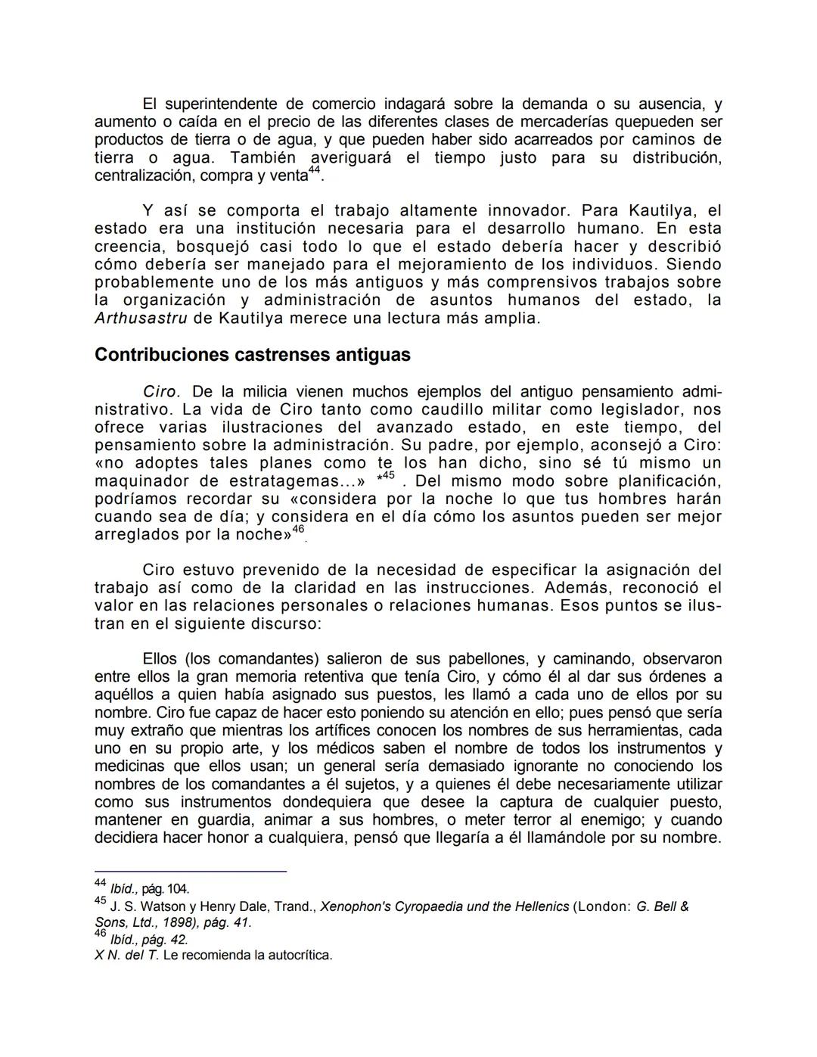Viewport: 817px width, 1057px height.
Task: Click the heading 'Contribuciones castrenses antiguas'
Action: [252, 355]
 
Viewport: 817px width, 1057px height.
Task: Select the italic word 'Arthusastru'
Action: [141, 319]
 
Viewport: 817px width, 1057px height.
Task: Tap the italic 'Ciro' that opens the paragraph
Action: [160, 392]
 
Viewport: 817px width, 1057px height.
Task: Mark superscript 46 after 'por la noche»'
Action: [298, 530]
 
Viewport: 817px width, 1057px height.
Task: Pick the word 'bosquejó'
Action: [211, 247]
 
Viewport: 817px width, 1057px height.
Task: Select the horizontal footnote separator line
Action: [191, 872]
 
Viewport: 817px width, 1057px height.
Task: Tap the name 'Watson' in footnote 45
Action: [153, 906]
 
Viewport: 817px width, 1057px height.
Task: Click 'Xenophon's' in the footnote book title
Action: [355, 906]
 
